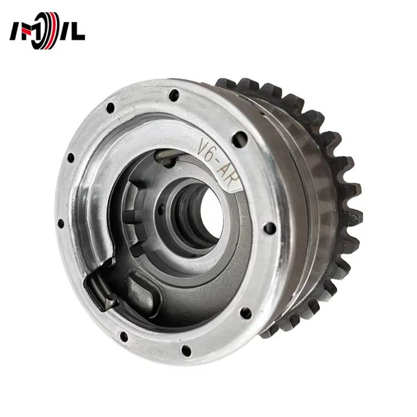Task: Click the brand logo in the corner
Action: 47,31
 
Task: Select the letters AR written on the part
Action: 227,174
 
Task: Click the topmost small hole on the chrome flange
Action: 174,95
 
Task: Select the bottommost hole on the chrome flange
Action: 186,350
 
